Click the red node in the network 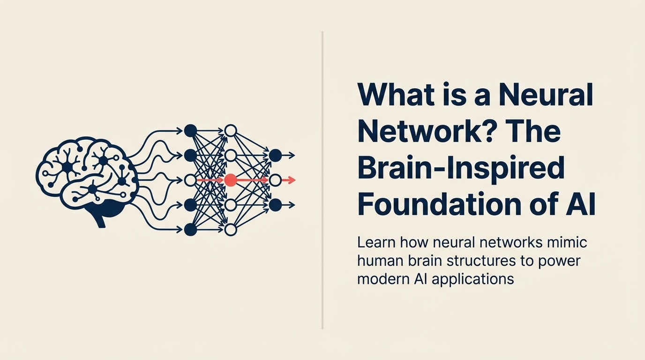tap(230, 180)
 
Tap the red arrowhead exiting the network tap(292, 180)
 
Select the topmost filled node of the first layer tap(190, 131)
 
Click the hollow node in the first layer tap(190, 180)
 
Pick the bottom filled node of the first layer tap(190, 229)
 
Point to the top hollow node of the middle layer tap(230, 131)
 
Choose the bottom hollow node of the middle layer tap(230, 229)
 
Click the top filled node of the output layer tap(275, 155)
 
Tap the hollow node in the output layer tap(275, 180)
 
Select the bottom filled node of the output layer tap(275, 205)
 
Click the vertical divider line tap(322, 180)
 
